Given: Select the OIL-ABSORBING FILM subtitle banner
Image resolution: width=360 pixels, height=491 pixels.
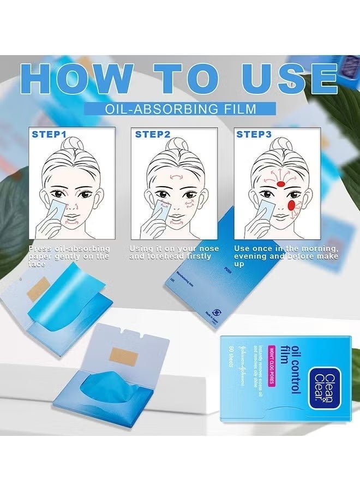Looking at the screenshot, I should (x=180, y=109).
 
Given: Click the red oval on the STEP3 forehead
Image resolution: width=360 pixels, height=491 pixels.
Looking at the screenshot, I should (x=280, y=184).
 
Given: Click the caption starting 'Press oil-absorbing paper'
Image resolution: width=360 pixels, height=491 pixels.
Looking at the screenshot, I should (x=68, y=256).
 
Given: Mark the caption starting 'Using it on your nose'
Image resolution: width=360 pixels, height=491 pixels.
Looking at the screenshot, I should (x=174, y=253).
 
